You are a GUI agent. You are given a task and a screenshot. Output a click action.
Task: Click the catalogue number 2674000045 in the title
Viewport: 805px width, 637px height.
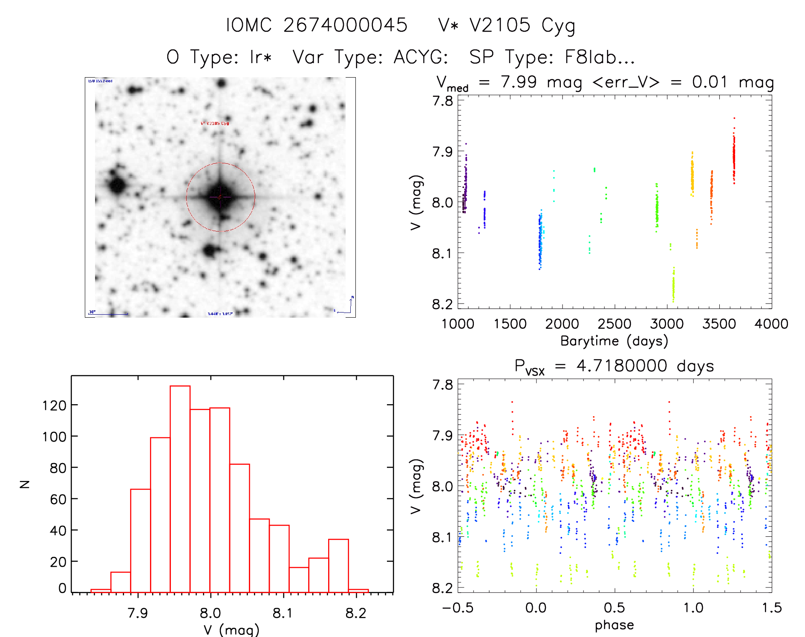click(x=345, y=25)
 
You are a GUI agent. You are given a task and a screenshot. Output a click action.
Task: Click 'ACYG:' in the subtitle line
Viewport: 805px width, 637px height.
click(x=421, y=57)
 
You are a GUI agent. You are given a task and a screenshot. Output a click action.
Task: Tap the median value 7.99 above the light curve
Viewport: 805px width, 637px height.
click(x=519, y=82)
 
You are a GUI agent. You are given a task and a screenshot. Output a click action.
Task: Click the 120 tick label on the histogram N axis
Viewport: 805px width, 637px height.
click(x=54, y=405)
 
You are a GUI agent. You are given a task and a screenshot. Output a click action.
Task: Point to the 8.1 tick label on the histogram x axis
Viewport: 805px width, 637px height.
click(x=283, y=613)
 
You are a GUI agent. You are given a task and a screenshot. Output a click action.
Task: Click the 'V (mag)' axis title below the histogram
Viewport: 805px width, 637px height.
click(x=231, y=630)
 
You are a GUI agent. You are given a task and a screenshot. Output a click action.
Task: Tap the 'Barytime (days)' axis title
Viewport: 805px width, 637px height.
click(x=614, y=341)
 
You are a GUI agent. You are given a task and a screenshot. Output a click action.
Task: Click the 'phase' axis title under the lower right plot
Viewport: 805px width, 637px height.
click(x=614, y=625)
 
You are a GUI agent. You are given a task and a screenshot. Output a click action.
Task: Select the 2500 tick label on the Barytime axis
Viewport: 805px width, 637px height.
click(x=614, y=324)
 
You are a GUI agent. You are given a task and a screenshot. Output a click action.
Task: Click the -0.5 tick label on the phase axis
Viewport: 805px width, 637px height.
click(x=458, y=608)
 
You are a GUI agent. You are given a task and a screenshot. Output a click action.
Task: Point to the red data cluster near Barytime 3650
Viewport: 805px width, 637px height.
click(x=734, y=156)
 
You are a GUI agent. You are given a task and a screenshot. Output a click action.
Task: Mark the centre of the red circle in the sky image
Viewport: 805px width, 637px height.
click(x=220, y=197)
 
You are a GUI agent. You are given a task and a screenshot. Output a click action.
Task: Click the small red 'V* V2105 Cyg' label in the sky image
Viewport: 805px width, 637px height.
click(x=215, y=123)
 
